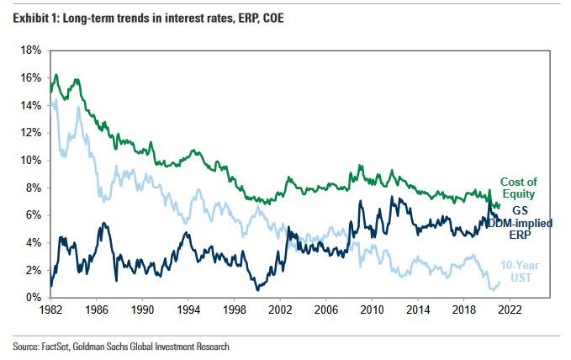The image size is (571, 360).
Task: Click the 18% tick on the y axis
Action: pyautogui.click(x=30, y=50)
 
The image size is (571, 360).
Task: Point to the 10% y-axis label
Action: pyautogui.click(x=30, y=160)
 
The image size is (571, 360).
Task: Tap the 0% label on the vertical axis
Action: pyautogui.click(x=33, y=298)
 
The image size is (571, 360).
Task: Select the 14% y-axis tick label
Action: pyautogui.click(x=30, y=105)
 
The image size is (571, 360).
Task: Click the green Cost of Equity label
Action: pyautogui.click(x=518, y=188)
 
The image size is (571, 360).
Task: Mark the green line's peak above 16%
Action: pyautogui.click(x=56, y=75)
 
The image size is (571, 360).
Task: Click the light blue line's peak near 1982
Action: pyautogui.click(x=56, y=100)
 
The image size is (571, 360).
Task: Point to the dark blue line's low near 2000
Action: pyautogui.click(x=256, y=289)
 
